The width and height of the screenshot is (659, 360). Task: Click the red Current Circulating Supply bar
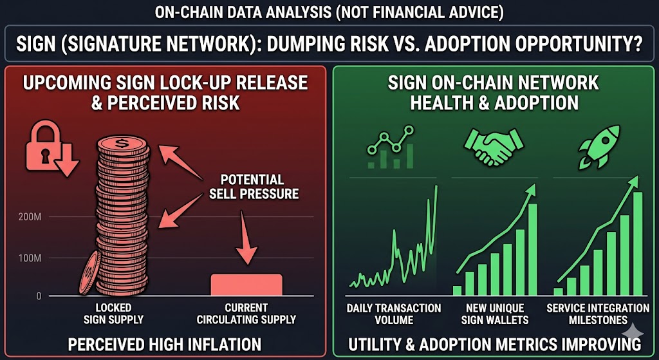246,285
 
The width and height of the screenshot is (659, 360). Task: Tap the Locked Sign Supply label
113,314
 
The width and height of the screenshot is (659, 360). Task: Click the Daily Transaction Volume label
394,314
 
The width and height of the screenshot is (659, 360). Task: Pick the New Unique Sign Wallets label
495,314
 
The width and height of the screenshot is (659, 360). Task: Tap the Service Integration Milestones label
598,314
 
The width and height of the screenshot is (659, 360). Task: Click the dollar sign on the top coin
123,144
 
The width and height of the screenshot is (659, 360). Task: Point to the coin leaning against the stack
89,272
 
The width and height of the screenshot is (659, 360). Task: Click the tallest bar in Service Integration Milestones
638,244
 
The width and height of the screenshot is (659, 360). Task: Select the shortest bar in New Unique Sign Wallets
457,290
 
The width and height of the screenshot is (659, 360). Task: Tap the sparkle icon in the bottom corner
635,332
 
